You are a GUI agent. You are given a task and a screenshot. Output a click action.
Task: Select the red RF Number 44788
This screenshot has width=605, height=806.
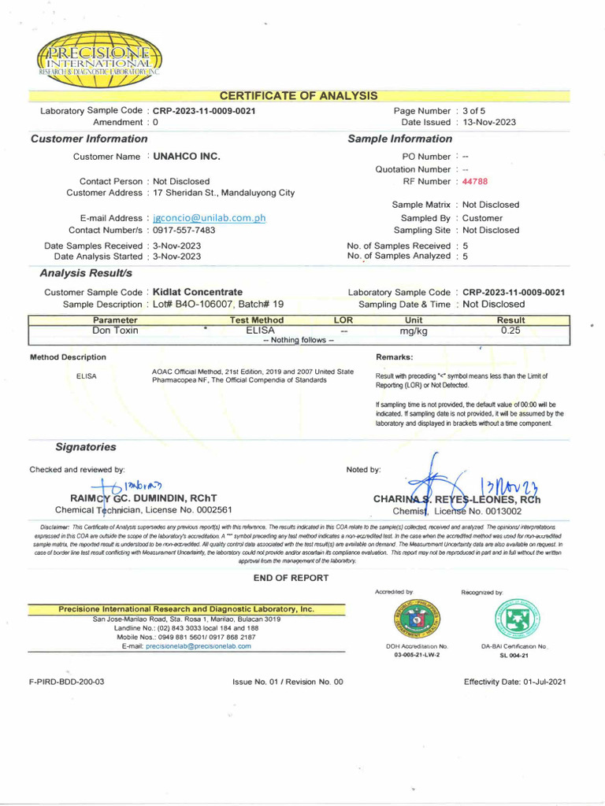(475, 181)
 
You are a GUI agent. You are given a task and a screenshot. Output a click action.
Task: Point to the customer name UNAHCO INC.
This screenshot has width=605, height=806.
(186, 157)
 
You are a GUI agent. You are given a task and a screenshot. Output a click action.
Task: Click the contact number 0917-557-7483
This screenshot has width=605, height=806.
(184, 231)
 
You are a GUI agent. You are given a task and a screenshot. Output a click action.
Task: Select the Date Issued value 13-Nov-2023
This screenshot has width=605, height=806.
(489, 123)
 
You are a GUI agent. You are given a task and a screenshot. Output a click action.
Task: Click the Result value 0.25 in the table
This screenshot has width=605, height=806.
(510, 331)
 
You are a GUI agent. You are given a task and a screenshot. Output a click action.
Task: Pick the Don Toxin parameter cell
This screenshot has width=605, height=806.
(115, 331)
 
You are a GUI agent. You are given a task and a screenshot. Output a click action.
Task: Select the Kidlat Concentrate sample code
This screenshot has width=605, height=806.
(197, 292)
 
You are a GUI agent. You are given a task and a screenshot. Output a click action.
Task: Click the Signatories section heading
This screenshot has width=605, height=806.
(85, 447)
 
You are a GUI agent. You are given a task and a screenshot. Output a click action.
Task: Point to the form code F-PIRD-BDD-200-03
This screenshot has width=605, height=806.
(66, 682)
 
